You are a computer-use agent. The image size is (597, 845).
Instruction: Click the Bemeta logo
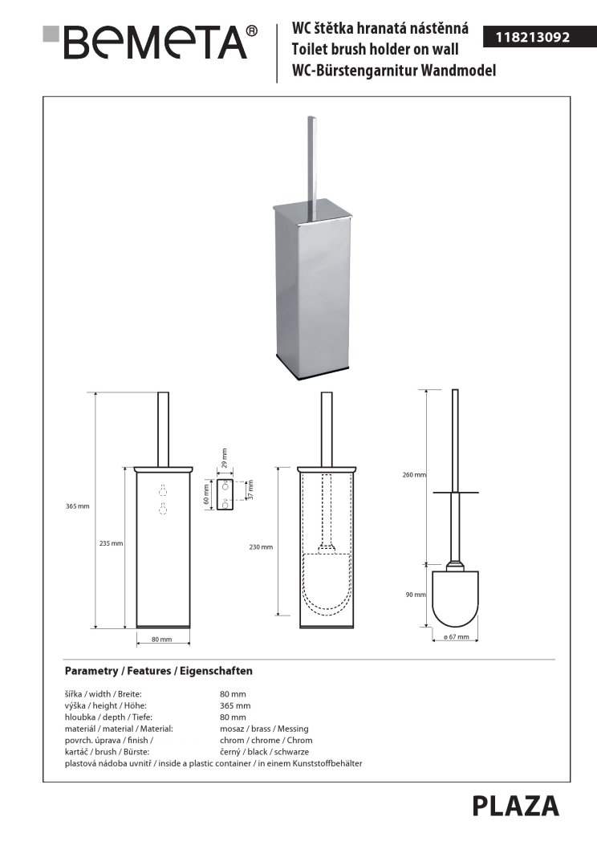click(150, 41)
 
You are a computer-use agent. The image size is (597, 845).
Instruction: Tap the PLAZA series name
click(516, 806)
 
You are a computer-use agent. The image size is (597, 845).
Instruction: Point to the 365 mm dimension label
click(78, 506)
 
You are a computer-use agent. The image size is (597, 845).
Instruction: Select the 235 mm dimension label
click(111, 543)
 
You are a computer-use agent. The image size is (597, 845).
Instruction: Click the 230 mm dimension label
click(261, 547)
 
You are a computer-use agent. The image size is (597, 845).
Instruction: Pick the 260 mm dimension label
click(414, 475)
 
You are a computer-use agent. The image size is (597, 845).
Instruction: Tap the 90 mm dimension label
click(416, 595)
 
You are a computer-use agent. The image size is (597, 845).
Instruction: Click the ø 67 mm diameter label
click(456, 637)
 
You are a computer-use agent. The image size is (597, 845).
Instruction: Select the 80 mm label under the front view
click(161, 639)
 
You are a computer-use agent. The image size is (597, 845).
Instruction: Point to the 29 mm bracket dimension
click(224, 458)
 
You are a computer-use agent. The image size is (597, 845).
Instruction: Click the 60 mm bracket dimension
click(206, 493)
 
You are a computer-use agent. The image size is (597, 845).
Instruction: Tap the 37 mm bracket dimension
click(250, 490)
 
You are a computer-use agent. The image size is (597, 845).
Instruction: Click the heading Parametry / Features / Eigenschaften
click(158, 671)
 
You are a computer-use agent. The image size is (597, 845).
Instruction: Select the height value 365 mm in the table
click(235, 705)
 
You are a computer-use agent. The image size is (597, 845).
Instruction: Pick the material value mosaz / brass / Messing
click(264, 729)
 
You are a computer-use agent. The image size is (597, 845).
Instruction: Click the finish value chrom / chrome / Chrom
click(266, 741)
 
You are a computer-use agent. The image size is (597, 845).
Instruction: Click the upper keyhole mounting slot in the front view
click(161, 490)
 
